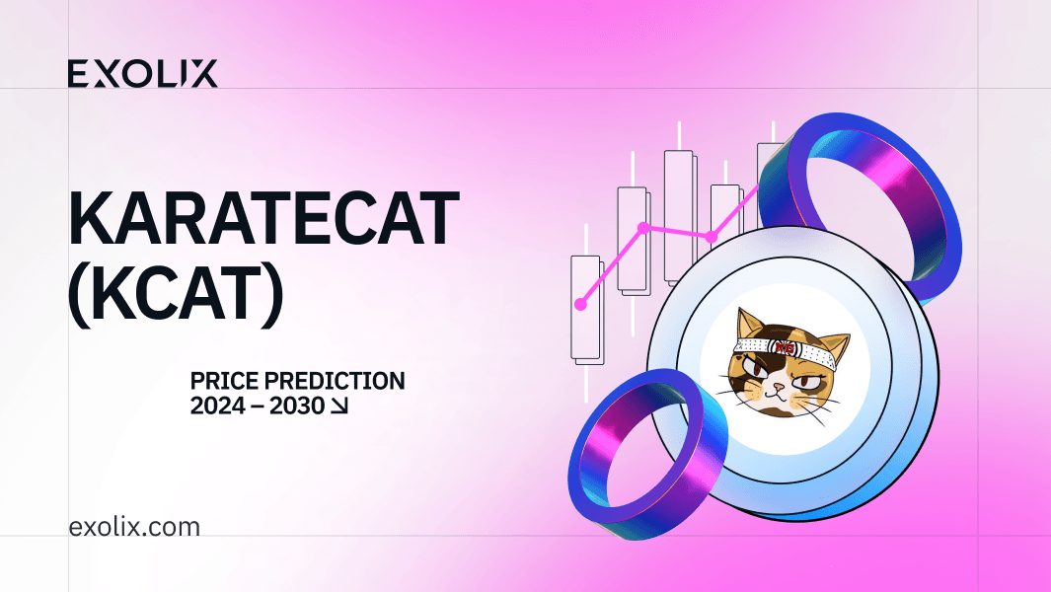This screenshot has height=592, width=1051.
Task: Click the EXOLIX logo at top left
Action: (143, 74)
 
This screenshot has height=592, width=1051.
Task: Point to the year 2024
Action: (218, 405)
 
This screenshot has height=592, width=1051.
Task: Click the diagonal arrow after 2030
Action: (338, 406)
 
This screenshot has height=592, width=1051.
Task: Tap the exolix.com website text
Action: (134, 527)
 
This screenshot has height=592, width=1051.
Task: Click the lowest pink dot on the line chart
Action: (580, 304)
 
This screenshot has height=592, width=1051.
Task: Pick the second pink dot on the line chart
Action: (643, 228)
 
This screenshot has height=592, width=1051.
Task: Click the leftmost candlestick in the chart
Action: (585, 307)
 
